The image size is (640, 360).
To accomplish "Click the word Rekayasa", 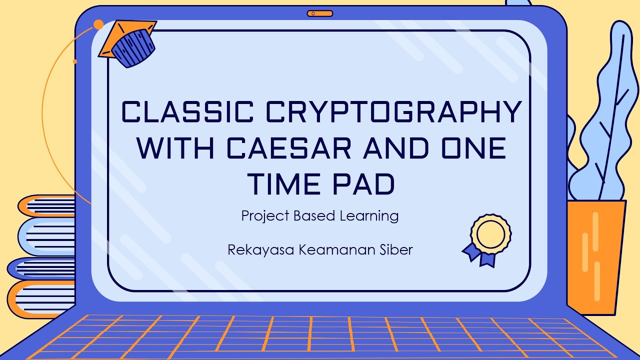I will [x=260, y=249].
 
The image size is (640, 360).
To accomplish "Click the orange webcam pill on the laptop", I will [x=320, y=13].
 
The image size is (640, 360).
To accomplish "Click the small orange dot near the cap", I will [x=98, y=24].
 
